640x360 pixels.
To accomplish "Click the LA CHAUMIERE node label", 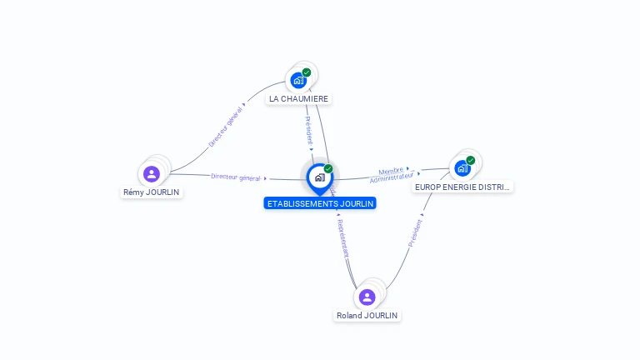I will [298, 98].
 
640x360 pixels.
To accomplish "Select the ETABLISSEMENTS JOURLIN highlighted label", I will [320, 203].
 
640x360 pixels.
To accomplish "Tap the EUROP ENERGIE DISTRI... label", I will [462, 187].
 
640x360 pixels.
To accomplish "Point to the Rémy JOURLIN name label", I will [151, 192].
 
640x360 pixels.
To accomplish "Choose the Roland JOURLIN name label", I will [367, 316].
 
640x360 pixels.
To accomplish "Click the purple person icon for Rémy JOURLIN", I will [151, 174].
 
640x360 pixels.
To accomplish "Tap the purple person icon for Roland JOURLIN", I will [367, 297].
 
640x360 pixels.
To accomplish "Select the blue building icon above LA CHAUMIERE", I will [297, 81].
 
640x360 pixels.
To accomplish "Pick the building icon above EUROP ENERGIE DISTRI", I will [462, 168].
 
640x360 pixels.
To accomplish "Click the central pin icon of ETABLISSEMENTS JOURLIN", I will [319, 177].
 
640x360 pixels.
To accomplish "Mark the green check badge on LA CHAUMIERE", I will [307, 72].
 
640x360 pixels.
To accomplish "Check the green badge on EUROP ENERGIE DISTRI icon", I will [471, 160].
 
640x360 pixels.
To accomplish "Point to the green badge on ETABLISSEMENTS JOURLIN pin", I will [328, 168].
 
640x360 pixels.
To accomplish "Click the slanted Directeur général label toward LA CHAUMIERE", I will [226, 127].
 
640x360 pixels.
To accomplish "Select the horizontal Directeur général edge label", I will [237, 177].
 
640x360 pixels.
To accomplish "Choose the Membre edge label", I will [391, 170].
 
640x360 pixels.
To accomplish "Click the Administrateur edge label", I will [392, 177].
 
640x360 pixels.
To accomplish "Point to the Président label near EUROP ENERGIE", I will [414, 232].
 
